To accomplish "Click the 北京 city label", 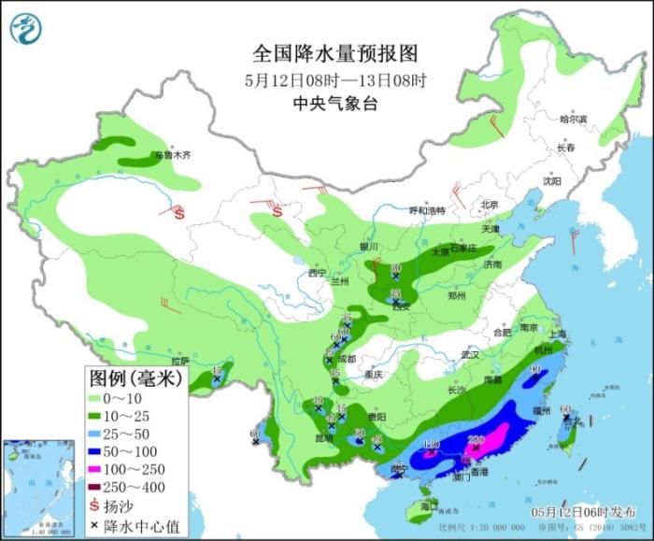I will click(x=490, y=204).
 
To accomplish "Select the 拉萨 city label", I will click(x=180, y=361).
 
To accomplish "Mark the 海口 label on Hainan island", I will click(x=429, y=505).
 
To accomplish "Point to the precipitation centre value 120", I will click(x=431, y=444).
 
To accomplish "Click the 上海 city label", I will click(x=561, y=335).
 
